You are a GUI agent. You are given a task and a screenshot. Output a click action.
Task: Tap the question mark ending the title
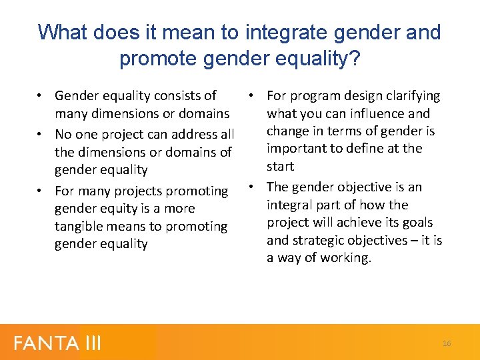354,59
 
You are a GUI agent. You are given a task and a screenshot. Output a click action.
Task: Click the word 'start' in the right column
281,166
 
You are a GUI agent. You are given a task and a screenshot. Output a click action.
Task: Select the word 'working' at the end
345,258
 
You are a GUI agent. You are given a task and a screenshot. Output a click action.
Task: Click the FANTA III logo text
57,343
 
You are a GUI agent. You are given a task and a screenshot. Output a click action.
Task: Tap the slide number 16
446,343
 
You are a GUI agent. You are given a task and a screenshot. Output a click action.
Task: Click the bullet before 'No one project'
41,134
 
